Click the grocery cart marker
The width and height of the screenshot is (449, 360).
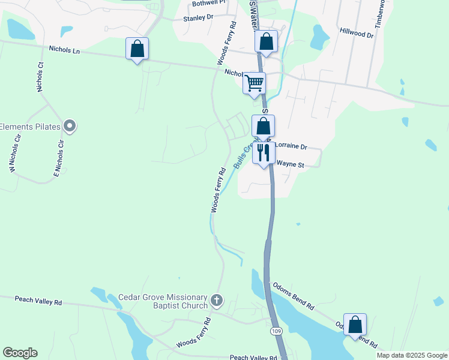pos(254,82)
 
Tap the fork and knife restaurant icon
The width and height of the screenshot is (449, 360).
pos(263,152)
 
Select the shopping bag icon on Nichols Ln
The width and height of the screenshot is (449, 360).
pos(137,49)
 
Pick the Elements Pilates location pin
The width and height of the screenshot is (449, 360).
pos(70,126)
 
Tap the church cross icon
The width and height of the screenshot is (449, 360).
pos(217,299)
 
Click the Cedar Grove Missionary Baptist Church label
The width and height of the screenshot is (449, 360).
pos(163,301)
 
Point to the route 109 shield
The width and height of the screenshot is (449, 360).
pos(276,331)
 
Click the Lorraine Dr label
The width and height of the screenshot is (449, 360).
pos(291,146)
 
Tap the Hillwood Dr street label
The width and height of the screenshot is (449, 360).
pos(356,32)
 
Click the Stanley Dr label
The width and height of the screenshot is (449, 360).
pos(198,18)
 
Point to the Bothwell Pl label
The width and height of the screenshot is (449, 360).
pos(208,3)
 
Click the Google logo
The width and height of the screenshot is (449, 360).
pos(20,353)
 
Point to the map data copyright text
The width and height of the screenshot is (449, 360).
pos(412,355)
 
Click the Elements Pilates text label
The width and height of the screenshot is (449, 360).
pos(30,127)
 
